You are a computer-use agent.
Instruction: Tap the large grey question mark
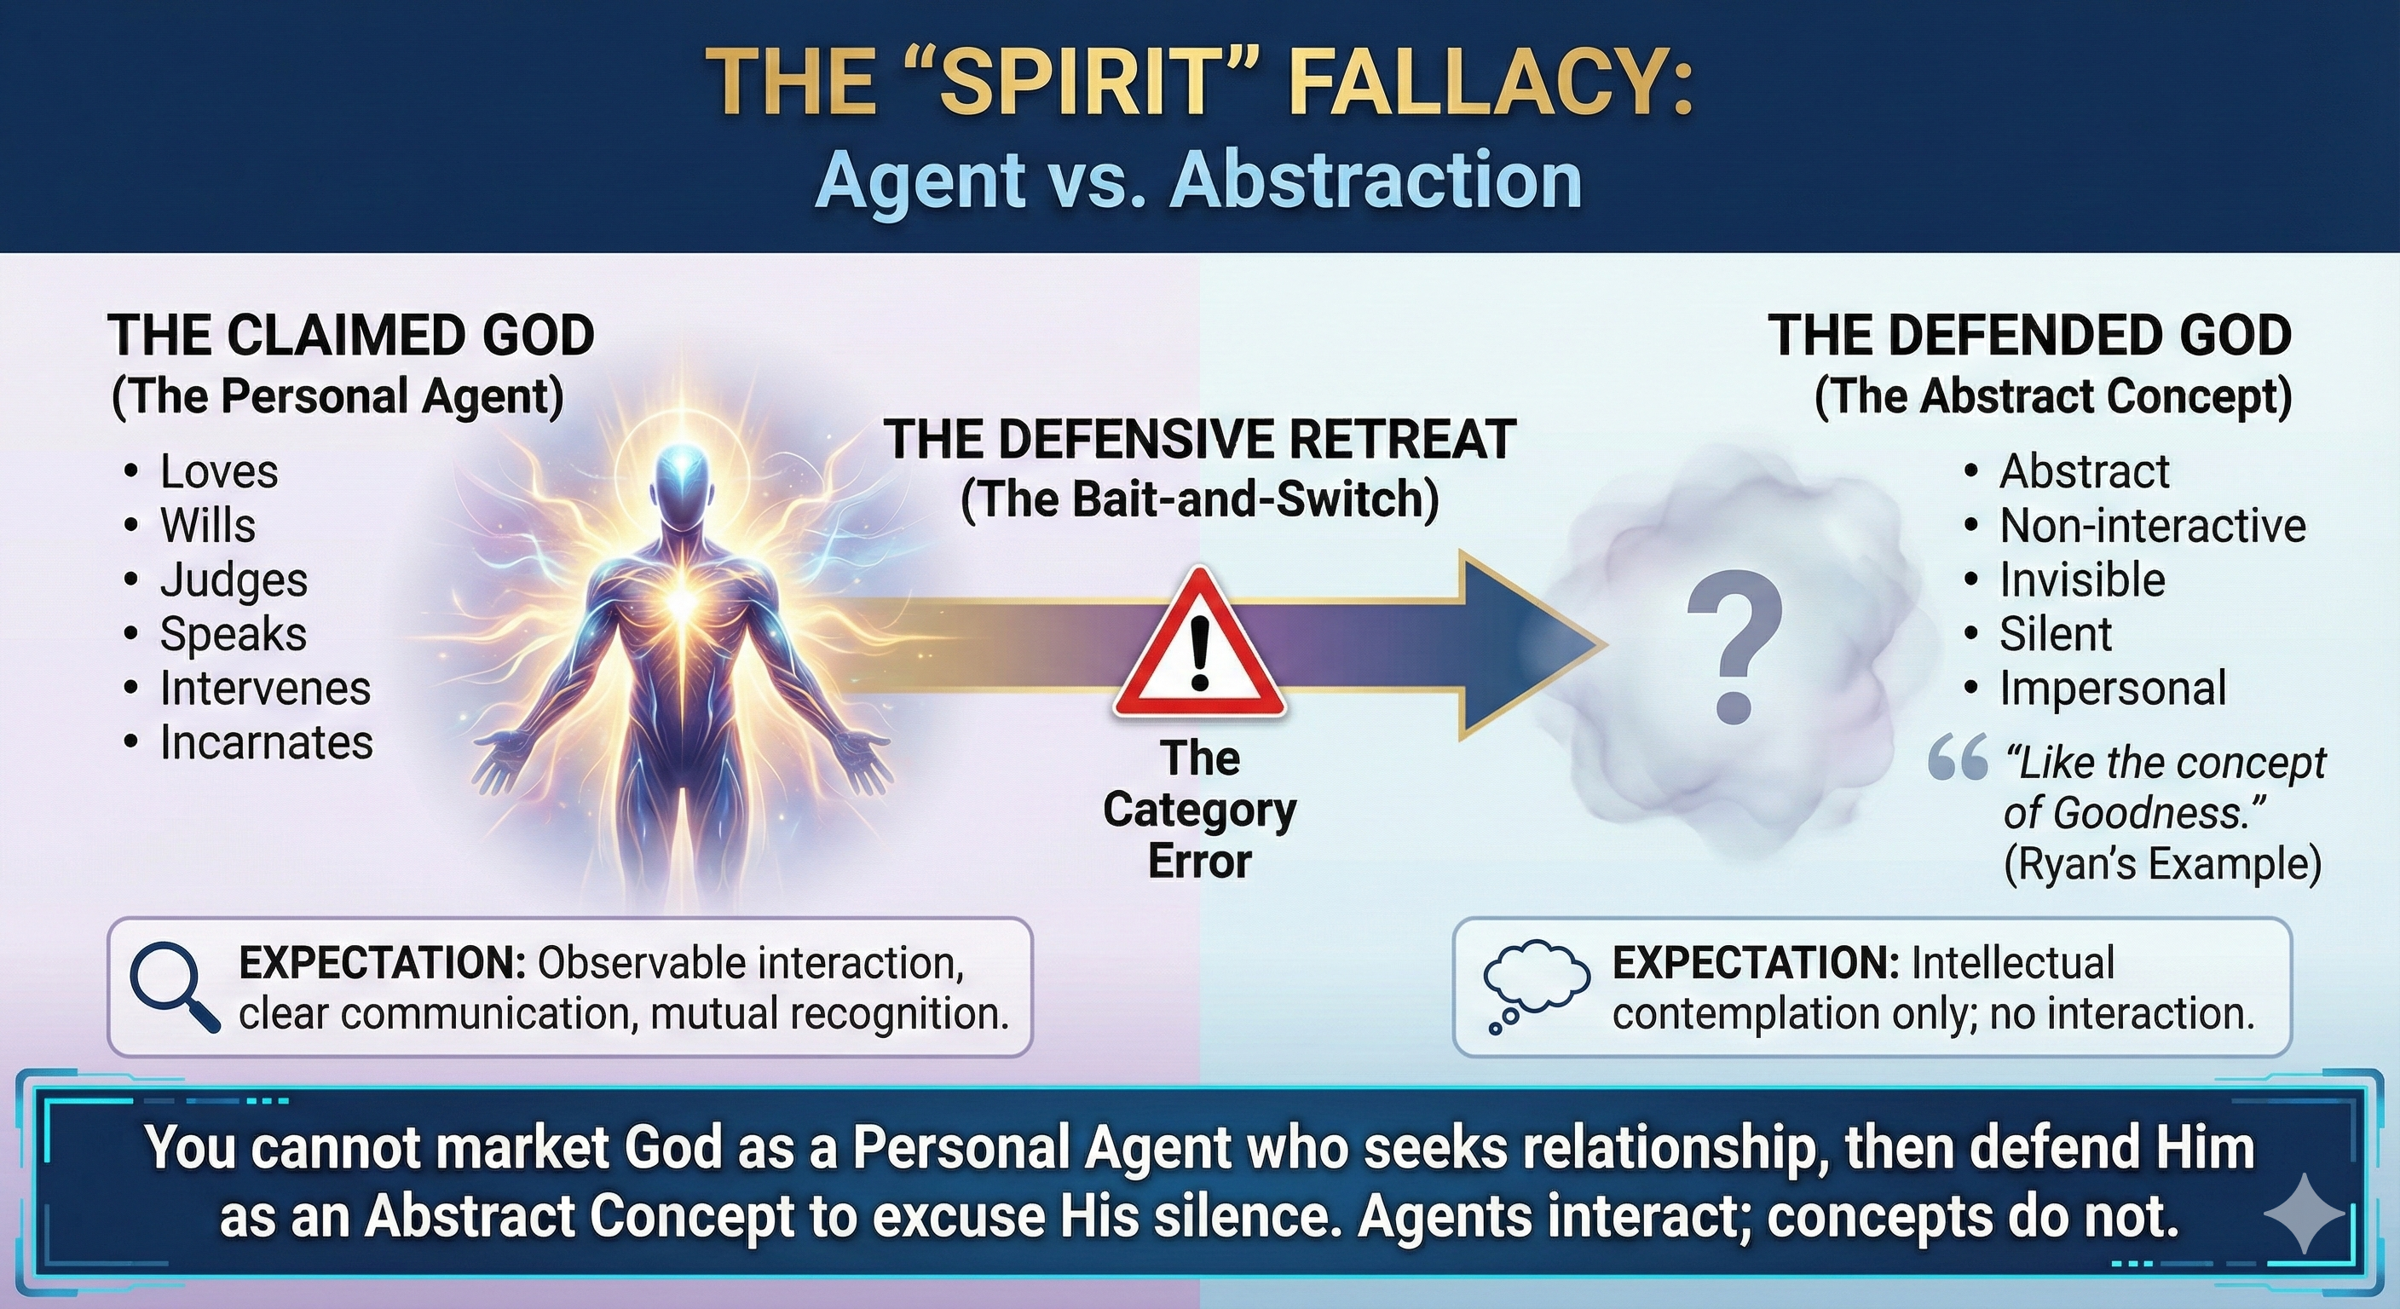point(1734,649)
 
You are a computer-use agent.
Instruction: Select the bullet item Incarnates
point(267,742)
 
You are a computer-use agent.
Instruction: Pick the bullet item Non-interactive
point(2152,527)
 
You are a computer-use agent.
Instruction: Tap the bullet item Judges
point(233,580)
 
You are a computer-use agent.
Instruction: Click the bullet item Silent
point(2056,634)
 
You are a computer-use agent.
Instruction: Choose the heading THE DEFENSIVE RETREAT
point(1200,440)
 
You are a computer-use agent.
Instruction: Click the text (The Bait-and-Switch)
point(1200,500)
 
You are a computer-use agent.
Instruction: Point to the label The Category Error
point(1200,810)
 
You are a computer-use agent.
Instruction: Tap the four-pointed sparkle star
point(2304,1213)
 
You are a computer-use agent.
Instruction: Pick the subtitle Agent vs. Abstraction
point(1199,179)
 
